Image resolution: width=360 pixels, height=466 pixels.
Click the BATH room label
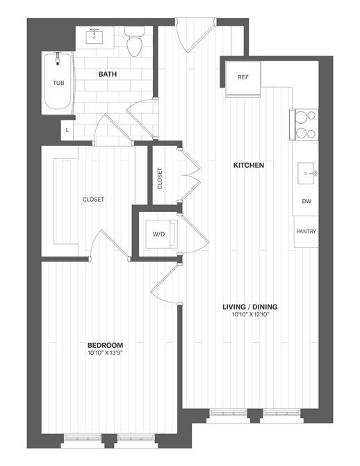(x=107, y=74)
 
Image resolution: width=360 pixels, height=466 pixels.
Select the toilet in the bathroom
(x=134, y=42)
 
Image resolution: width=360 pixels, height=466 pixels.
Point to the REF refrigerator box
(x=243, y=77)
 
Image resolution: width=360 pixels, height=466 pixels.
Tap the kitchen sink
(x=306, y=172)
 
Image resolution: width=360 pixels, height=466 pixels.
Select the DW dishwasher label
(x=306, y=202)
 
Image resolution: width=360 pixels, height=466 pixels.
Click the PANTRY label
(x=306, y=230)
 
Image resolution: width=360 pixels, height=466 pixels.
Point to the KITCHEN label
(x=248, y=166)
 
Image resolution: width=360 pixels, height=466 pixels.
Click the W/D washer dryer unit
(x=159, y=234)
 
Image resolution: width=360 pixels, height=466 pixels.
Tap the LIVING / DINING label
(x=250, y=307)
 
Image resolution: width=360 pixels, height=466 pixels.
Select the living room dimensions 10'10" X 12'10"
(x=250, y=315)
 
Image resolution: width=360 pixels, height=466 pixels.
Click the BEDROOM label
(x=106, y=345)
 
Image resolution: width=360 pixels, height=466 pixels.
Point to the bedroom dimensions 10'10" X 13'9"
(x=106, y=353)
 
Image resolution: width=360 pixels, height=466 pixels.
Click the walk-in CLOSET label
(x=93, y=200)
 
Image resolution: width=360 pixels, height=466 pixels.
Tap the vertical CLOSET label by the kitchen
(x=160, y=179)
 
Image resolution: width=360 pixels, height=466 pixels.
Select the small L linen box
(x=67, y=130)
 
